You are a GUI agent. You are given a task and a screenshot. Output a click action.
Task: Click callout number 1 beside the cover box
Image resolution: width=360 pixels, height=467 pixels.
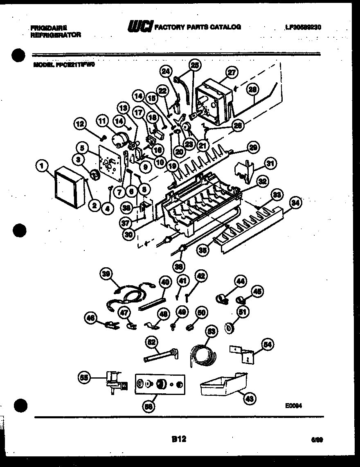click(x=41, y=166)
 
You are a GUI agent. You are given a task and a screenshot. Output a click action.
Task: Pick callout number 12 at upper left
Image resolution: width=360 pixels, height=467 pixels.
click(x=81, y=123)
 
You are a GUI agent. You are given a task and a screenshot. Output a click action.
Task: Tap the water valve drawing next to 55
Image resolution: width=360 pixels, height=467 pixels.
click(x=115, y=381)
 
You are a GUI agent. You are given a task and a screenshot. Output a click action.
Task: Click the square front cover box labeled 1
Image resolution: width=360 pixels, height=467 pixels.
click(x=70, y=187)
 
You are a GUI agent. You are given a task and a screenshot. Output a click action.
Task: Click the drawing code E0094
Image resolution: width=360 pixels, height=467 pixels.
click(x=294, y=406)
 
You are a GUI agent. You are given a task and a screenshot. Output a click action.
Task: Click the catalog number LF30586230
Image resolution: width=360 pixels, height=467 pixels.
click(x=303, y=27)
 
